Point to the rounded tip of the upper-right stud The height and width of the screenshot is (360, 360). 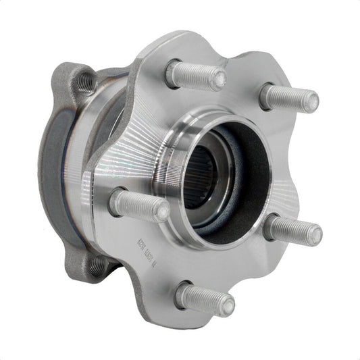tap(311, 102)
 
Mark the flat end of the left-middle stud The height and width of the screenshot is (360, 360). tap(161, 211)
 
